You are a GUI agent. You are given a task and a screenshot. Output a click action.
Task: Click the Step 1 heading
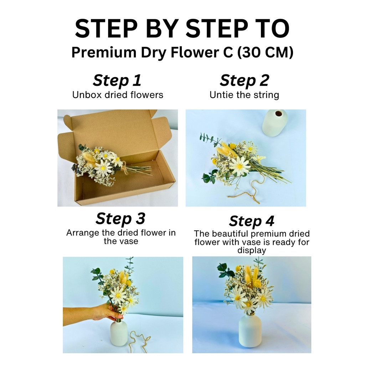(x=117, y=81)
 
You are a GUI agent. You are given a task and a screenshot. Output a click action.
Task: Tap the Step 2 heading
(x=245, y=81)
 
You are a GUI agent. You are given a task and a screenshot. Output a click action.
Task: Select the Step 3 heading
(x=120, y=219)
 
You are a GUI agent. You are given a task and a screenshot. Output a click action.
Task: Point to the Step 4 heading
(x=252, y=221)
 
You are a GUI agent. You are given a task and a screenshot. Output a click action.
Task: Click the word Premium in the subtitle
(x=104, y=52)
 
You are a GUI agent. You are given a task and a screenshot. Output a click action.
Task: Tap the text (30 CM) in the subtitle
(x=265, y=52)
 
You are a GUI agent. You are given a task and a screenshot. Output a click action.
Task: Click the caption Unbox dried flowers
(x=118, y=95)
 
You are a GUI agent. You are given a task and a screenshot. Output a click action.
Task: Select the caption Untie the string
(x=244, y=95)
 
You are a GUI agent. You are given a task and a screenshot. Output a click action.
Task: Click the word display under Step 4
(x=252, y=251)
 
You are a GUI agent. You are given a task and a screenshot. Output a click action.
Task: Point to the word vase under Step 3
(x=128, y=241)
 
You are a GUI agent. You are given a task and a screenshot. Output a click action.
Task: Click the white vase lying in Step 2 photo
(x=274, y=123)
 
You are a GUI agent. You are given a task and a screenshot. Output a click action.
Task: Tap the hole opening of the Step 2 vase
(x=279, y=113)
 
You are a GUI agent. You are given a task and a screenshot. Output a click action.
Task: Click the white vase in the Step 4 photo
(x=251, y=330)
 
